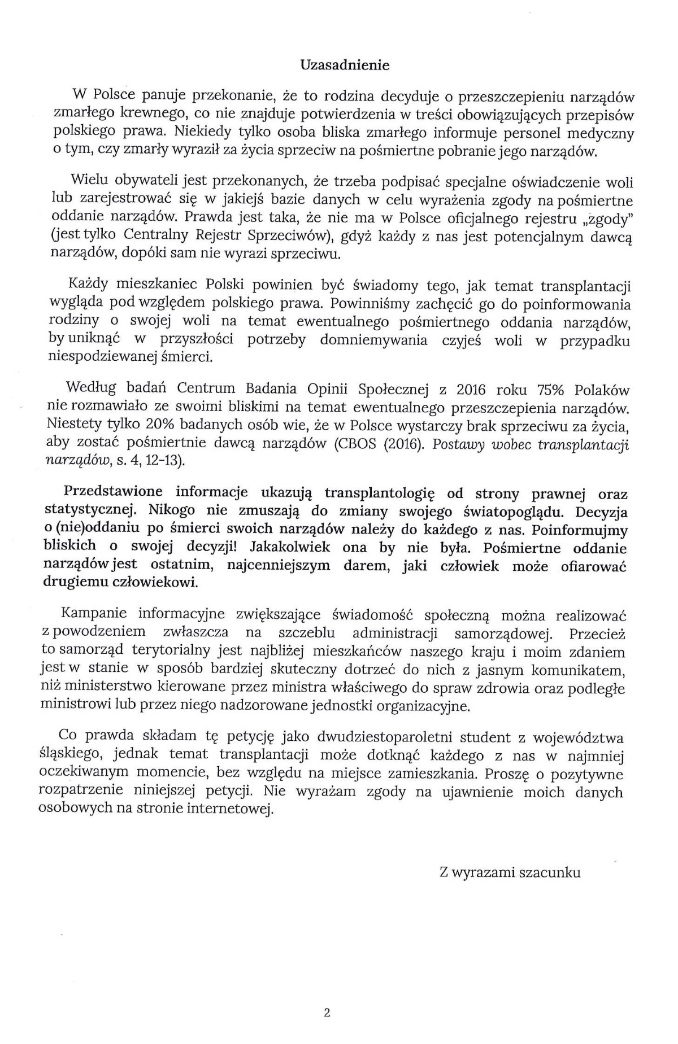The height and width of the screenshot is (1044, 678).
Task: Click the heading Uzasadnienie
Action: pos(344,65)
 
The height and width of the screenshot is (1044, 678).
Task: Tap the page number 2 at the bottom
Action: pos(327,1012)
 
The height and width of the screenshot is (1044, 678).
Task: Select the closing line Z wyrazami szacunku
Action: pos(510,872)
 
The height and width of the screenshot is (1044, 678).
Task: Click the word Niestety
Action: pos(72,424)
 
